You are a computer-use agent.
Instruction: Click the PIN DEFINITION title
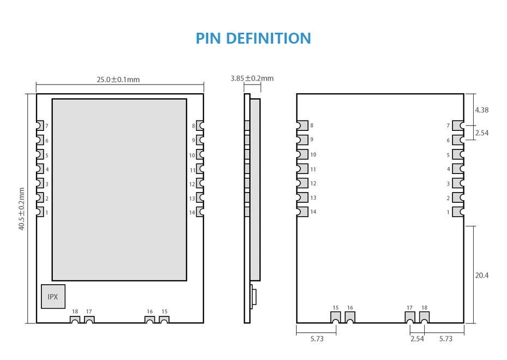pos(253,38)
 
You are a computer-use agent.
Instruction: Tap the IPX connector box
pos(53,297)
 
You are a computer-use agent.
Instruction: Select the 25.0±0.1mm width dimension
pos(118,80)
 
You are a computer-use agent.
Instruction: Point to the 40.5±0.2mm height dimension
pos(22,208)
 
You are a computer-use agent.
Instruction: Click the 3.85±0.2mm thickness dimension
pos(252,79)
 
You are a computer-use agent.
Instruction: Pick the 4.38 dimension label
pos(482,110)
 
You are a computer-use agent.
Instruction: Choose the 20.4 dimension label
pos(482,275)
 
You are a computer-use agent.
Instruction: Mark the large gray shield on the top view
pos(119,189)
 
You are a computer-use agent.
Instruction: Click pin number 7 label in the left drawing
pos(47,126)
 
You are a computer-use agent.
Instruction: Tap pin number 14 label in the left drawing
pos(192,212)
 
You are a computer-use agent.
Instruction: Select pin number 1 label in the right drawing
pos(449,212)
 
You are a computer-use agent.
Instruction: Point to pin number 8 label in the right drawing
pos(312,126)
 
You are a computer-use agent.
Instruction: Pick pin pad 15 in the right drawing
pos(336,317)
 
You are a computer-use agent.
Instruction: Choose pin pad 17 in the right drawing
pos(410,317)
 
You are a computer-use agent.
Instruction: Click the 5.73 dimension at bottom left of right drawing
pos(317,339)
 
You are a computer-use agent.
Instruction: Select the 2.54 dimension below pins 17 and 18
pos(417,339)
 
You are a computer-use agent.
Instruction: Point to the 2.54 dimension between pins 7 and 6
pos(482,133)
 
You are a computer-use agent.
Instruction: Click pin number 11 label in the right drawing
pos(313,170)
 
